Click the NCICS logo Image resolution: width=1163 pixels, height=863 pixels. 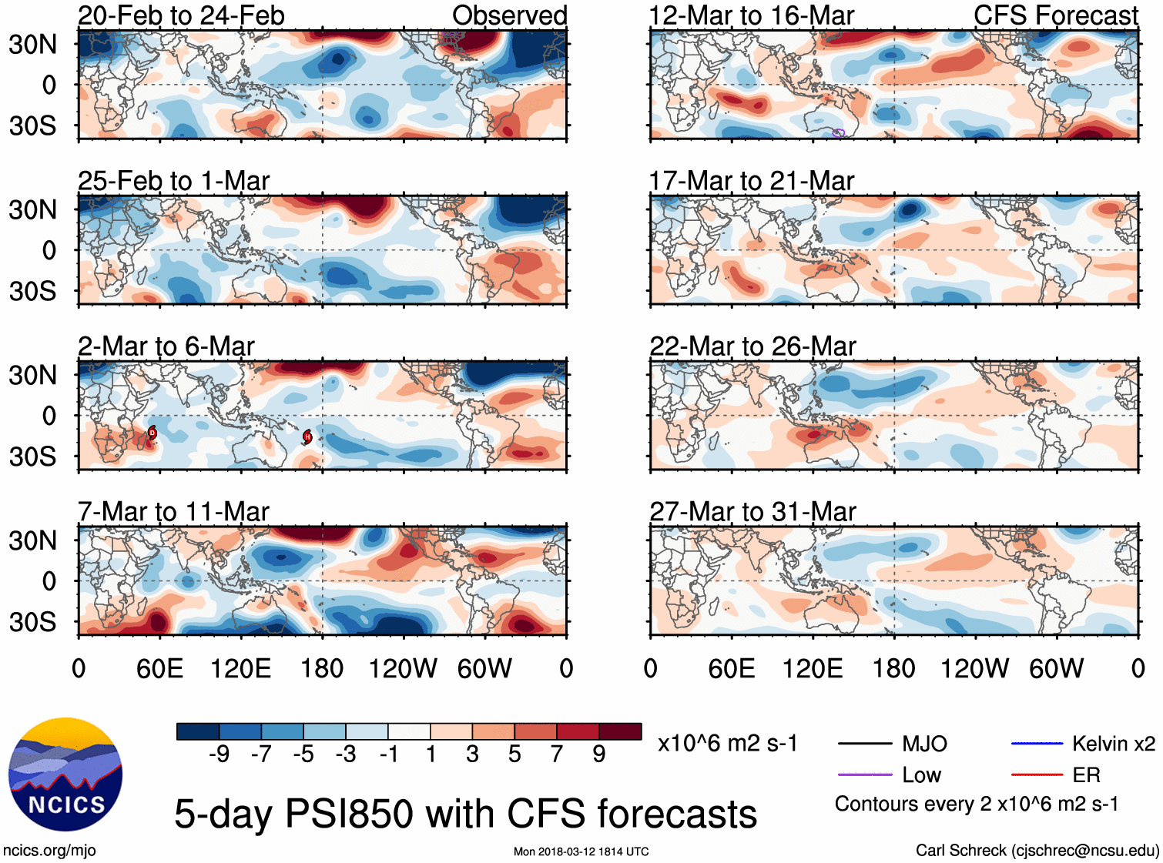coord(65,774)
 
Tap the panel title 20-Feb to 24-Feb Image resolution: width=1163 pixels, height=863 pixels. coord(181,15)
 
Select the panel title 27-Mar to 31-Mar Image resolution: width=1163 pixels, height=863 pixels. coord(752,511)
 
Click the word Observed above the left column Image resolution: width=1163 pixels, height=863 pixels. coord(509,15)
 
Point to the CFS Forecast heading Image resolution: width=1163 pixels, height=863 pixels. coord(1055,15)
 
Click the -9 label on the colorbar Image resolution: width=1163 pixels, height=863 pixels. coord(219,754)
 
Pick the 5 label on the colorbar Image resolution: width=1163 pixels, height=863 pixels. coord(514,754)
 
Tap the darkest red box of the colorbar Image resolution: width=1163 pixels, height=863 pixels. coord(620,731)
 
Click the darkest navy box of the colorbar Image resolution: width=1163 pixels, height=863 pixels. coord(198,731)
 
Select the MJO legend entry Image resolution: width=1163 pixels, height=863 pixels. coord(924,744)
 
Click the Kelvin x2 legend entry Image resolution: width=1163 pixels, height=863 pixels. coord(1113,744)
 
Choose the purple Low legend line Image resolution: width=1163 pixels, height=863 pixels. coord(865,775)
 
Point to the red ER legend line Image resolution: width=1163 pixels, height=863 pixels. coord(1037,775)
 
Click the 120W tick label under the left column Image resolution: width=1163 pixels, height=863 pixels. coord(403,668)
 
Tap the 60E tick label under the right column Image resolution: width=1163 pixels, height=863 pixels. coord(731,668)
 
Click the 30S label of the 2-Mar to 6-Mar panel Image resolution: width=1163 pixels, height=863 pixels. coord(32,457)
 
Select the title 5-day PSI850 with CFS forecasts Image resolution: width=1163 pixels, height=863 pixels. coord(465,814)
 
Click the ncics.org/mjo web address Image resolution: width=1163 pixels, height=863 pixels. coord(49,850)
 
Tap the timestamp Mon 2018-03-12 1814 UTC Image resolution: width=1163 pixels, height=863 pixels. coord(581,851)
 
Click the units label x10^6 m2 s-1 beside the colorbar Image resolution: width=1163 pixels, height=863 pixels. coord(727,744)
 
